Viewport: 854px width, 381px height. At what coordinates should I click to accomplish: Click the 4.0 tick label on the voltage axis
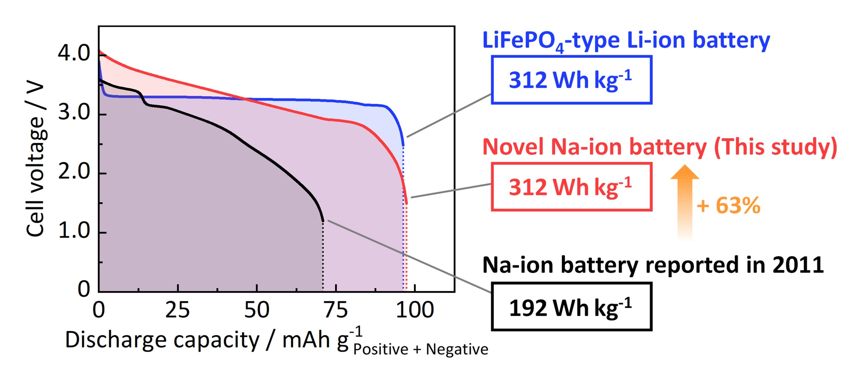pyautogui.click(x=74, y=53)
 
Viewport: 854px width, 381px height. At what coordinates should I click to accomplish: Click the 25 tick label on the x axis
pyautogui.click(x=177, y=310)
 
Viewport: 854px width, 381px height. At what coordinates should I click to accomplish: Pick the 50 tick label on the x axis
pyautogui.click(x=257, y=310)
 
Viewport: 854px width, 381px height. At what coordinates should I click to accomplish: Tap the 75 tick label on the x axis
pyautogui.click(x=336, y=310)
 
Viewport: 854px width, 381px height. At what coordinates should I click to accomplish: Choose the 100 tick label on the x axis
pyautogui.click(x=415, y=310)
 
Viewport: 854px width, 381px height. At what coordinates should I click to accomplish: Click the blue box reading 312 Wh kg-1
pyautogui.click(x=571, y=80)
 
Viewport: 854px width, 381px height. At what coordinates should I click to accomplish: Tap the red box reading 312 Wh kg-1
pyautogui.click(x=571, y=187)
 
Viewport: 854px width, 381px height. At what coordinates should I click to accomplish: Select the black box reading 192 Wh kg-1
pyautogui.click(x=571, y=307)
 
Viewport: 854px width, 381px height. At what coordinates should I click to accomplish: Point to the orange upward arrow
pyautogui.click(x=685, y=200)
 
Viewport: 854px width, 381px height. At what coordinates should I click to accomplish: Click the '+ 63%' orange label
pyautogui.click(x=729, y=205)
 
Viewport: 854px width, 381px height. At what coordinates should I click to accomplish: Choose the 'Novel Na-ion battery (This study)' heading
pyautogui.click(x=660, y=147)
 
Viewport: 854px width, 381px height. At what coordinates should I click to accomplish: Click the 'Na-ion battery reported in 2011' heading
pyautogui.click(x=653, y=265)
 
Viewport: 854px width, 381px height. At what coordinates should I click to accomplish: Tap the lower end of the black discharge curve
pyautogui.click(x=322, y=220)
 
